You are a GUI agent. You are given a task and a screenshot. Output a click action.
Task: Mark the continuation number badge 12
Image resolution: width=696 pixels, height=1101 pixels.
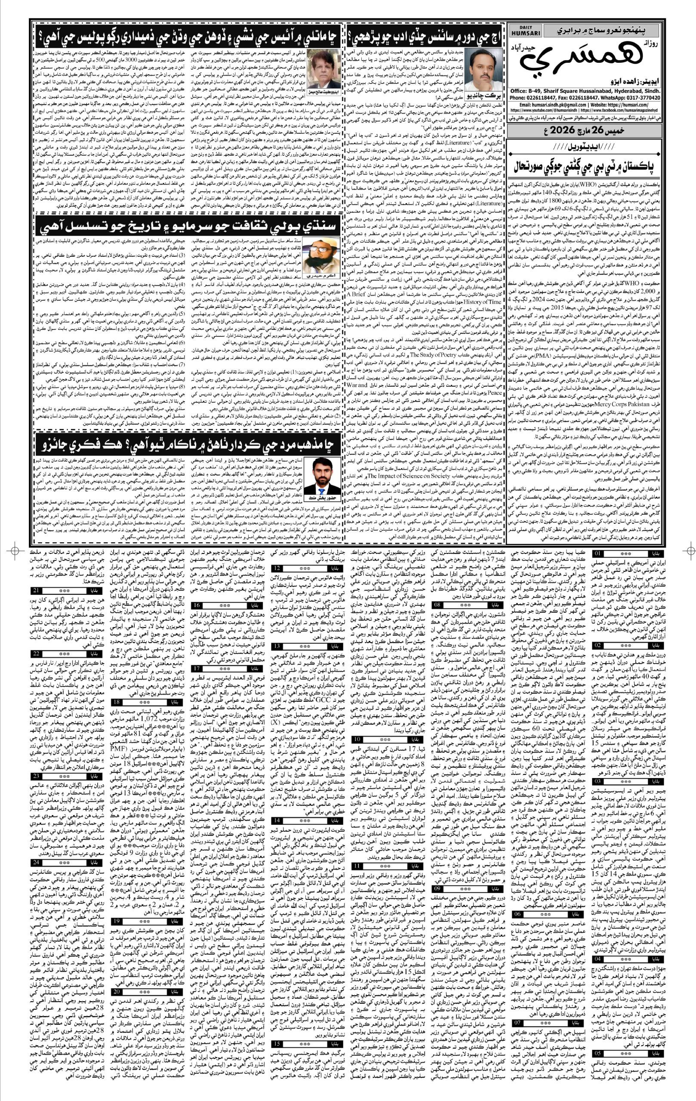[278, 568]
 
